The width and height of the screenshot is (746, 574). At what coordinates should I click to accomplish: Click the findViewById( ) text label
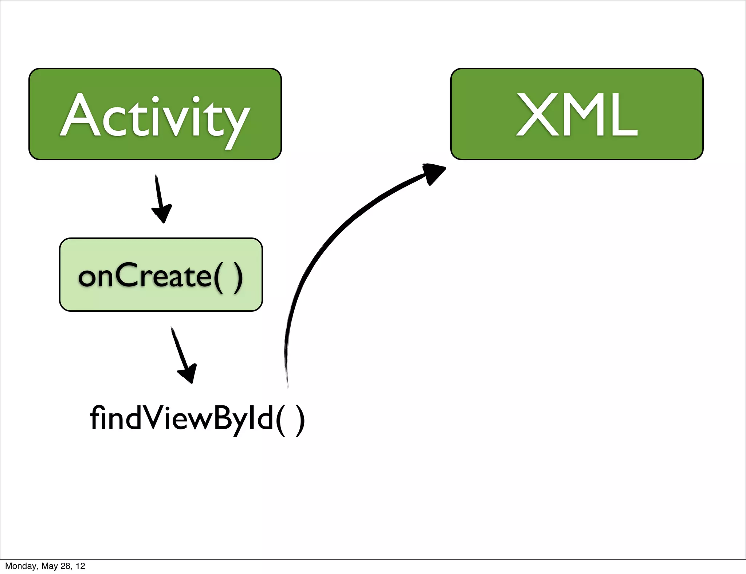point(197,418)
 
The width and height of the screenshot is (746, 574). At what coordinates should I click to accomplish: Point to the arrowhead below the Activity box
point(162,213)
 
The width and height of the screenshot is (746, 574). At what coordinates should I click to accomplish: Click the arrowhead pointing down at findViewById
point(188,373)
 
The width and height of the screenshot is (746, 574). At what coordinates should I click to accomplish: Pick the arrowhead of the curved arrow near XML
point(433,173)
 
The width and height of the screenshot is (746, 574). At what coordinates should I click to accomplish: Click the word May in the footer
point(49,566)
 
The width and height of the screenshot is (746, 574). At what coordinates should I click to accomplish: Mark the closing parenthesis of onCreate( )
point(238,277)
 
